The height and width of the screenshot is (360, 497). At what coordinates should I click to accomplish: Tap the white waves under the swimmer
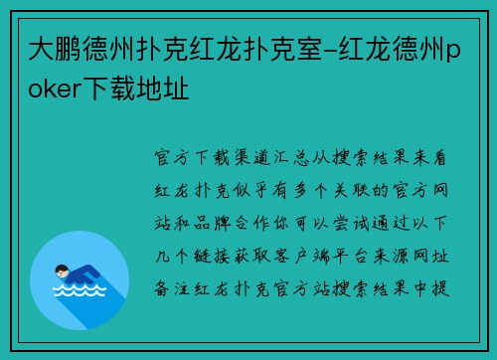73,293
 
